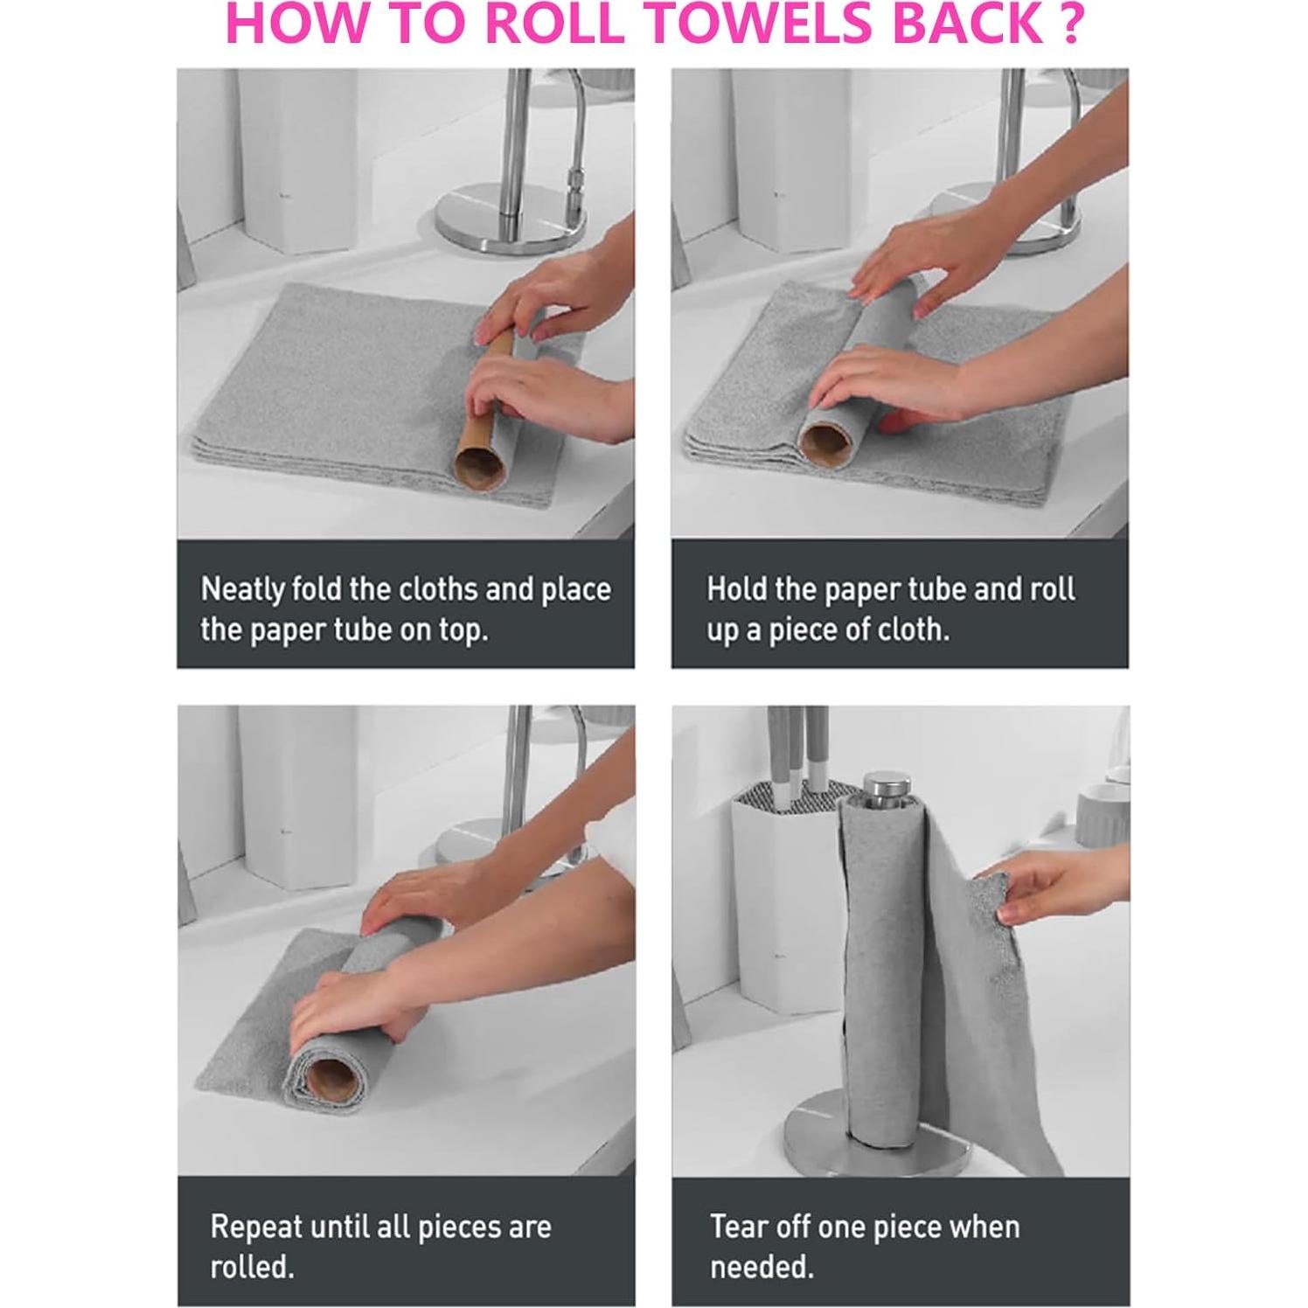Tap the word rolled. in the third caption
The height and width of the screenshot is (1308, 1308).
[x=252, y=1266]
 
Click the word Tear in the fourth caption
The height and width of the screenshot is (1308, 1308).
[x=740, y=1227]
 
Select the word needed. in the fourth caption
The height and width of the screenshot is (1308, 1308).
[x=762, y=1266]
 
